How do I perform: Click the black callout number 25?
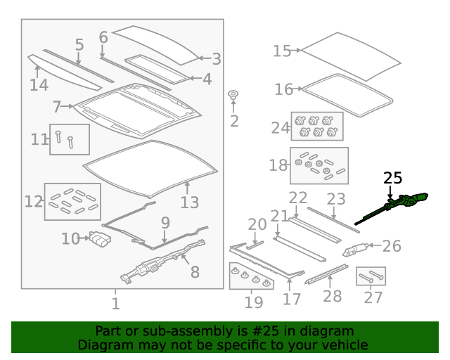point(392,178)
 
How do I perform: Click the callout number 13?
point(190,202)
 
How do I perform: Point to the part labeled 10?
point(100,239)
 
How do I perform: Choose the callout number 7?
point(56,106)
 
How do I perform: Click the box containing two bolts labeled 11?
point(70,139)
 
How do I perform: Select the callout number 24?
point(281,128)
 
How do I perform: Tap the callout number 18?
point(278,165)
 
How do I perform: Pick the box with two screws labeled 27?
point(371,276)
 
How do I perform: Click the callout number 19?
point(254,302)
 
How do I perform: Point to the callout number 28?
point(333,296)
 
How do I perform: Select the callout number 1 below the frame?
point(115,304)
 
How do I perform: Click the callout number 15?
point(282,51)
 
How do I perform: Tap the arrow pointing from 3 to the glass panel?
point(205,58)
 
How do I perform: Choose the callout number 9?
point(165,223)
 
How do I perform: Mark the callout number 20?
point(257,224)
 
